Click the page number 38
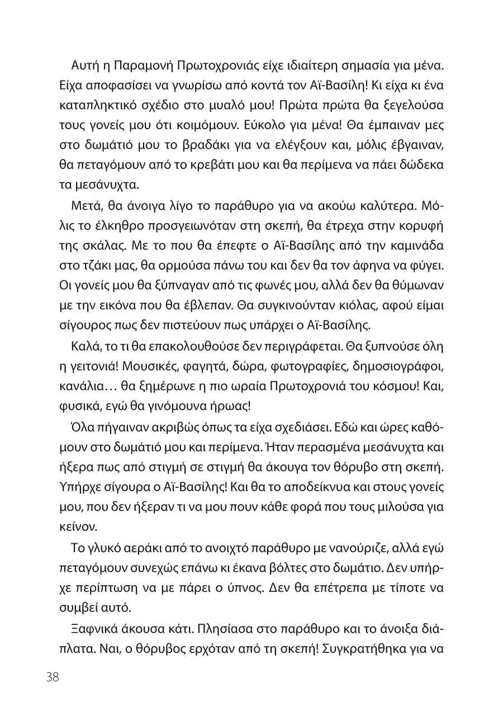[x=53, y=677]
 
